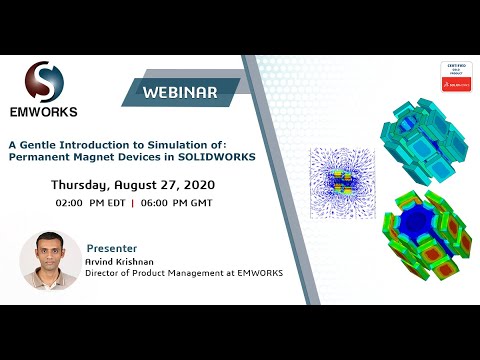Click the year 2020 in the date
(x=196, y=186)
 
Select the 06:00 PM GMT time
(x=180, y=203)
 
